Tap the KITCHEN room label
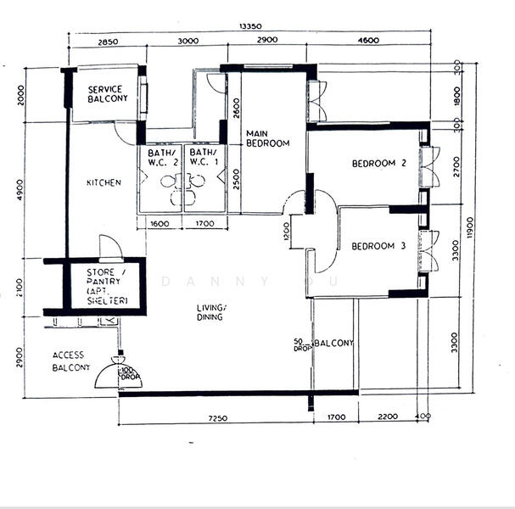pyautogui.click(x=104, y=182)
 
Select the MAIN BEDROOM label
pyautogui.click(x=267, y=138)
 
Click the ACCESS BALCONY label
pyautogui.click(x=71, y=361)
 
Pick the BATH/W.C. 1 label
pyautogui.click(x=204, y=157)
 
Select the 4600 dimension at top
pyautogui.click(x=367, y=41)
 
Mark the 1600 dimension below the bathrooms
pyautogui.click(x=159, y=225)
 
